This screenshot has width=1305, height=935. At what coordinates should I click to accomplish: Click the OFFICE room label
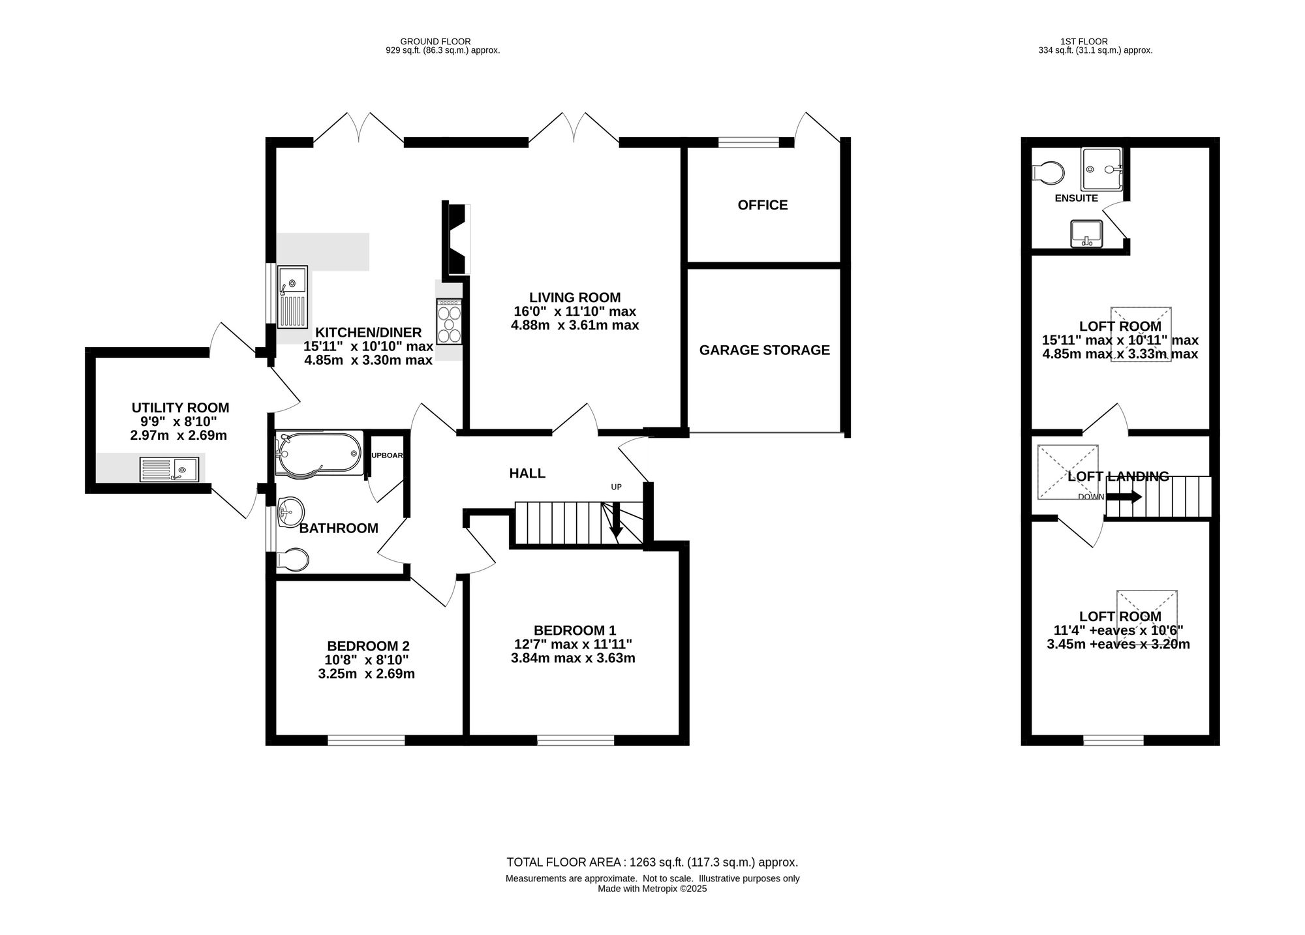tap(763, 205)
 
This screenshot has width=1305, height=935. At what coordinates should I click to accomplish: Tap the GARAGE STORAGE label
tap(765, 350)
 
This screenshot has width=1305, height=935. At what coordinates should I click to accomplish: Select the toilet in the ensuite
tap(1049, 174)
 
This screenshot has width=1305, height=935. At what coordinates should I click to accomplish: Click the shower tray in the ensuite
tap(1102, 169)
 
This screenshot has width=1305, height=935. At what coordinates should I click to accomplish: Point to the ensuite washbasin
tap(1086, 234)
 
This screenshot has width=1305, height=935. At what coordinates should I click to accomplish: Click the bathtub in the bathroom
tap(319, 453)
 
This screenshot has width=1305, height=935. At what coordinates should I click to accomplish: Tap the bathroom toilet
tap(293, 560)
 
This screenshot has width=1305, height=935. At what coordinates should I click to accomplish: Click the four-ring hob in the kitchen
tap(450, 322)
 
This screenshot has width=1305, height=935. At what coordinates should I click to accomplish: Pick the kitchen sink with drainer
tap(293, 297)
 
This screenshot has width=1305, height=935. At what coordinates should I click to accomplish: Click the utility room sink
tap(170, 469)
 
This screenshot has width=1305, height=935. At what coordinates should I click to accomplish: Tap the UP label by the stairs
tap(616, 487)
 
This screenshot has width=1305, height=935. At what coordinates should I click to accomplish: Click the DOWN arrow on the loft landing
tap(1124, 497)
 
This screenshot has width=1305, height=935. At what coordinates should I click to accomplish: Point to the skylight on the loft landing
tap(1068, 472)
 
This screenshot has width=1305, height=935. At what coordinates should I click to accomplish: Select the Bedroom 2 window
tap(366, 740)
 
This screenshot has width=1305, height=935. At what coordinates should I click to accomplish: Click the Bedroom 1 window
tap(576, 740)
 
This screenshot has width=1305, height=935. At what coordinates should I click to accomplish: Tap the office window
tap(749, 142)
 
